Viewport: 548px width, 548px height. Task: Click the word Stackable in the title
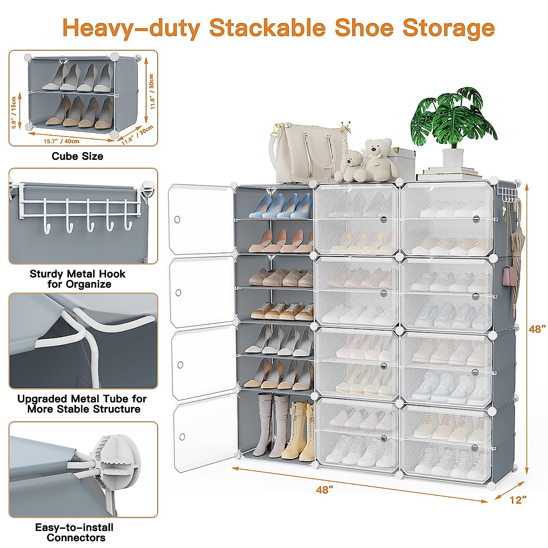[267, 28]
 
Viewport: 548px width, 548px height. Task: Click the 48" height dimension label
[537, 329]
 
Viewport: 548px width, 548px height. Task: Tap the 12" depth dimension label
[516, 500]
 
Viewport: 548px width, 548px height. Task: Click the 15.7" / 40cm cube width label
[61, 141]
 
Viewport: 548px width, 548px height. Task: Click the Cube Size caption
[77, 156]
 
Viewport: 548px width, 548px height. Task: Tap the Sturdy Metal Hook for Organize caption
[77, 279]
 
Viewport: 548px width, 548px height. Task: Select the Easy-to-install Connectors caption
[74, 532]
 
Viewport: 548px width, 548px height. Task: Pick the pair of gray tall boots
[273, 425]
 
